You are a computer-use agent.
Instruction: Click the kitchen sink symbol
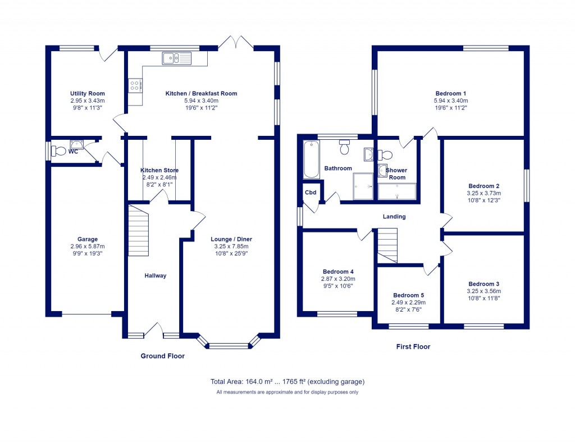(176, 58)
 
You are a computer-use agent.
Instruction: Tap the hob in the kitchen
(135, 85)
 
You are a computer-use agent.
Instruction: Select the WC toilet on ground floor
(58, 150)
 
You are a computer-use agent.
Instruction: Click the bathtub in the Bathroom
(311, 160)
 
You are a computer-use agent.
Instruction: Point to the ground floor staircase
(138, 231)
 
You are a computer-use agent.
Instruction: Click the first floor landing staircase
(386, 245)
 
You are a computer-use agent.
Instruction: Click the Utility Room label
(88, 93)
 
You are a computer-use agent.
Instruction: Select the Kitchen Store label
(159, 170)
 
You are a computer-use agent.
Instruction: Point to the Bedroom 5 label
(408, 295)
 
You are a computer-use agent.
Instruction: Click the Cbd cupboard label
(311, 192)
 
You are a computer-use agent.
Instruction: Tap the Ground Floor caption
(162, 356)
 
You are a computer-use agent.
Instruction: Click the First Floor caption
(413, 346)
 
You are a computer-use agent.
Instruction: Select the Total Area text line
(287, 382)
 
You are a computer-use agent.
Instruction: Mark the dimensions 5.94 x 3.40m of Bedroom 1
(451, 101)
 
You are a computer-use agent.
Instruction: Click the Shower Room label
(396, 173)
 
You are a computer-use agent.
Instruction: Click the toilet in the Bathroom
(345, 149)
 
